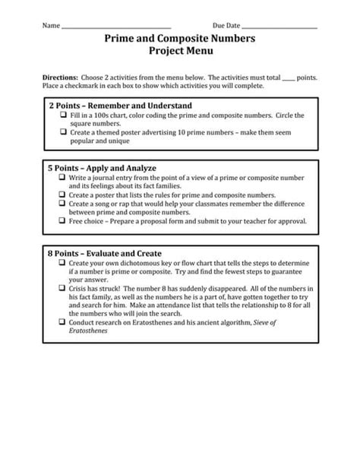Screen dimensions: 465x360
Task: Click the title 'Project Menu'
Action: (180, 51)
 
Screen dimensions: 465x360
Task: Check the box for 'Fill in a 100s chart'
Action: (63, 115)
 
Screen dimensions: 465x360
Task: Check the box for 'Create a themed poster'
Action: (63, 131)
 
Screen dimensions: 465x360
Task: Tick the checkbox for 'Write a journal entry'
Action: (63, 179)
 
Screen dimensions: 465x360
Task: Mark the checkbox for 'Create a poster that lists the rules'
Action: (63, 195)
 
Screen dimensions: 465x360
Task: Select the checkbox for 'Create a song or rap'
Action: (63, 204)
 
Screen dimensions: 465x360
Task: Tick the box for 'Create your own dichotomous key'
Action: (63, 263)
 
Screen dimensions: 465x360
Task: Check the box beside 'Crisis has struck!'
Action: (63, 289)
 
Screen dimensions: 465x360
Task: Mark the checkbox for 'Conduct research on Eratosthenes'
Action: (63, 322)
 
